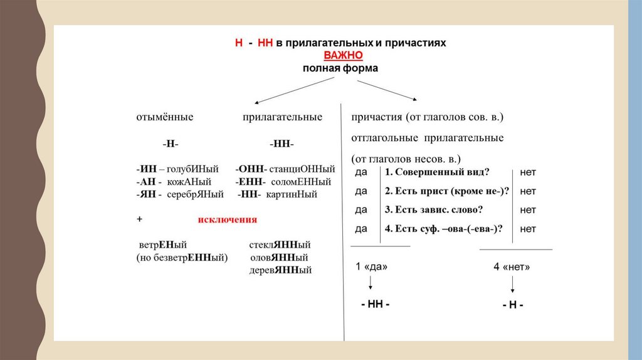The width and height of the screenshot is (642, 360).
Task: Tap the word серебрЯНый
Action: click(195, 194)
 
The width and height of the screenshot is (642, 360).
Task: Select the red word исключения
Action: click(228, 220)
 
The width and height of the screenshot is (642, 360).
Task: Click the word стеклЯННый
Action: click(280, 245)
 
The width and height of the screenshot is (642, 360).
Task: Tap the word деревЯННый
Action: click(280, 270)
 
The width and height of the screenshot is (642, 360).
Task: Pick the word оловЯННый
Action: click(279, 257)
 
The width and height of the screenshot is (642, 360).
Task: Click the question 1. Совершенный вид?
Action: click(437, 172)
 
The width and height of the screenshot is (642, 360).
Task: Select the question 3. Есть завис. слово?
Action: click(438, 209)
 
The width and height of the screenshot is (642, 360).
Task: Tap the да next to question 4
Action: click(361, 229)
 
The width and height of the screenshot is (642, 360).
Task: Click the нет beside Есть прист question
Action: click(528, 191)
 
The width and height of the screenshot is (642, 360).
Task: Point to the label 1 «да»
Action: click(371, 267)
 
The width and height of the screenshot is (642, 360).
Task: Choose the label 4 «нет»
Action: click(512, 267)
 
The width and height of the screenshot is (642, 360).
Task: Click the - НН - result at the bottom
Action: click(376, 304)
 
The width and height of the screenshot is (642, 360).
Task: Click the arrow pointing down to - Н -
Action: click(513, 285)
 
